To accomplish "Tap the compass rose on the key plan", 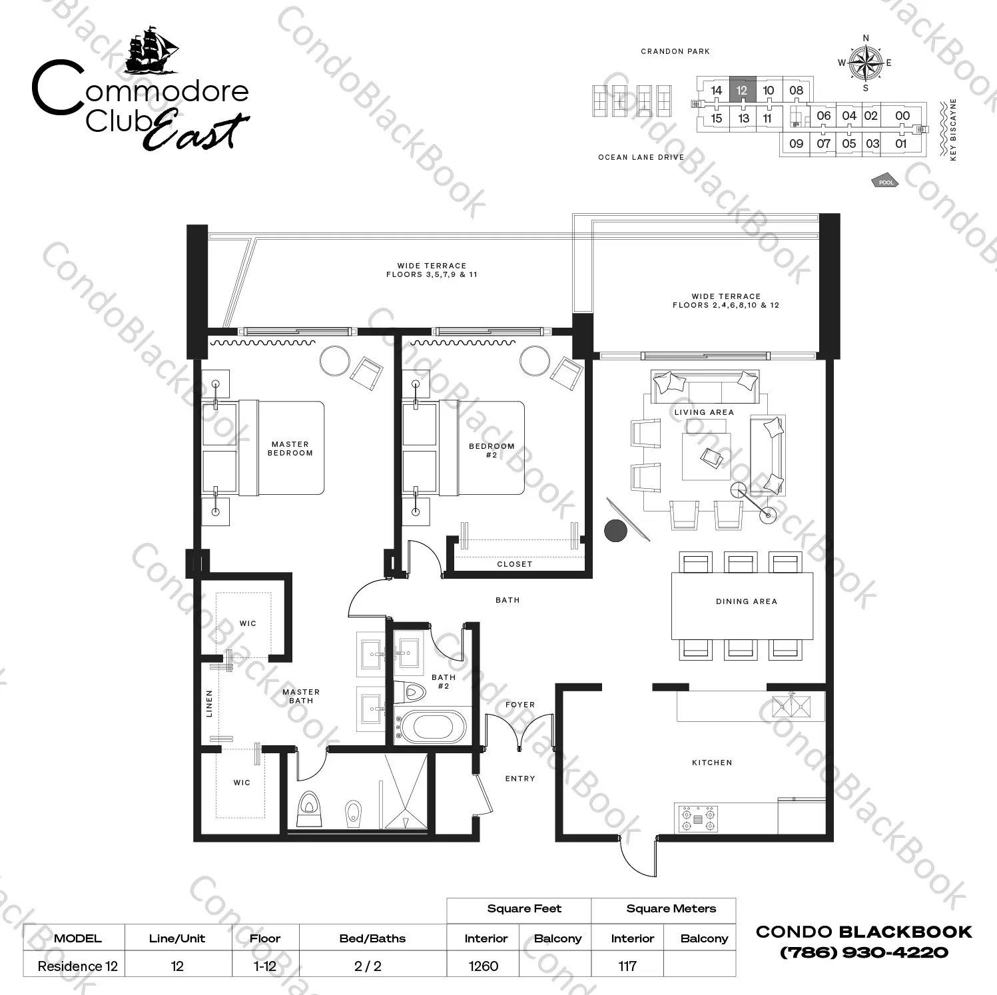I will [x=865, y=63].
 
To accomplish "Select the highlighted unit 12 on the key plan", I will [x=742, y=90].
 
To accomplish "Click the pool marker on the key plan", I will [x=885, y=182].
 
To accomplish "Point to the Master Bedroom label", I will [x=290, y=448].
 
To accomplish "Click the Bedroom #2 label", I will [x=492, y=450].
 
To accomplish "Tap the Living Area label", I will [x=703, y=412].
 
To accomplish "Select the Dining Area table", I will [x=742, y=605].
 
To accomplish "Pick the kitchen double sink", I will [x=791, y=706].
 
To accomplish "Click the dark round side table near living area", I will [x=615, y=530].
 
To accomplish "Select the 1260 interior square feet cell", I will [x=484, y=966].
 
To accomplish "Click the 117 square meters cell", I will [x=627, y=966].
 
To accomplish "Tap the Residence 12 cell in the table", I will [x=77, y=966].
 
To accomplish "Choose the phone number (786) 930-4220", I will [x=864, y=952].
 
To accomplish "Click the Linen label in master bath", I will [x=209, y=703].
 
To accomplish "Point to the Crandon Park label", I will [x=675, y=51].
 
